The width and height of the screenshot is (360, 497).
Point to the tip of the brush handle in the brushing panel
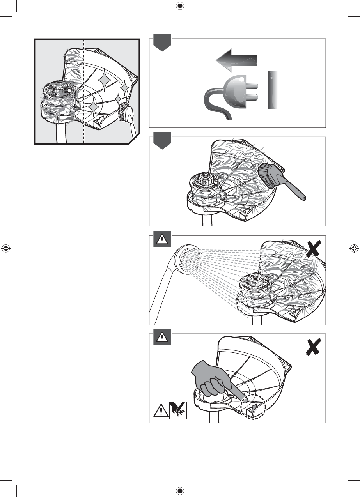(x=303, y=200)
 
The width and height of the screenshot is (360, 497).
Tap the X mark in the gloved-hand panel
(x=313, y=346)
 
